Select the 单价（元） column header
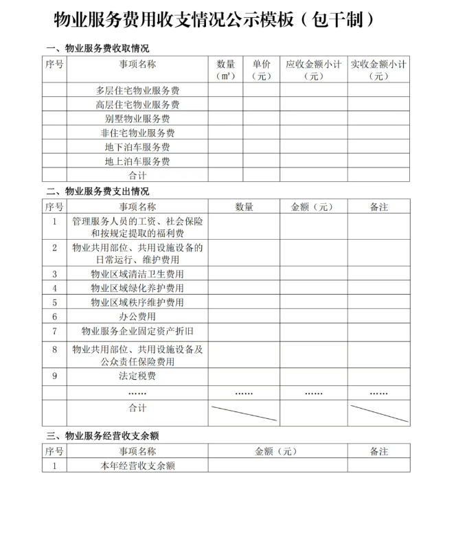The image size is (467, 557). point(261,70)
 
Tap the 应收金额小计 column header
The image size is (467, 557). point(313,70)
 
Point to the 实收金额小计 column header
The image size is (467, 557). point(378,70)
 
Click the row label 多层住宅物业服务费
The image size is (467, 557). point(137,90)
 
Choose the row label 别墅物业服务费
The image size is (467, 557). point(137,119)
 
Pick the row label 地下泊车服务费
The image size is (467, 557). point(137,147)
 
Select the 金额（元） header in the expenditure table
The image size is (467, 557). point(312,207)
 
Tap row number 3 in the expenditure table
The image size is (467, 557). point(54,274)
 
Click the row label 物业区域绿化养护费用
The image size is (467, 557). point(137,288)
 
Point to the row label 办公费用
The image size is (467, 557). point(137,317)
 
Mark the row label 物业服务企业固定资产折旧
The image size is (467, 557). point(137,331)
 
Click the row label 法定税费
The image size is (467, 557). point(137,376)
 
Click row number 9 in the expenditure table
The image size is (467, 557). point(54,376)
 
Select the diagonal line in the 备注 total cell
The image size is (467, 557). point(378,413)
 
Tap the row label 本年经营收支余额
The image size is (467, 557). point(137,465)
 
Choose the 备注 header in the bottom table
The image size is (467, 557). point(378,451)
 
